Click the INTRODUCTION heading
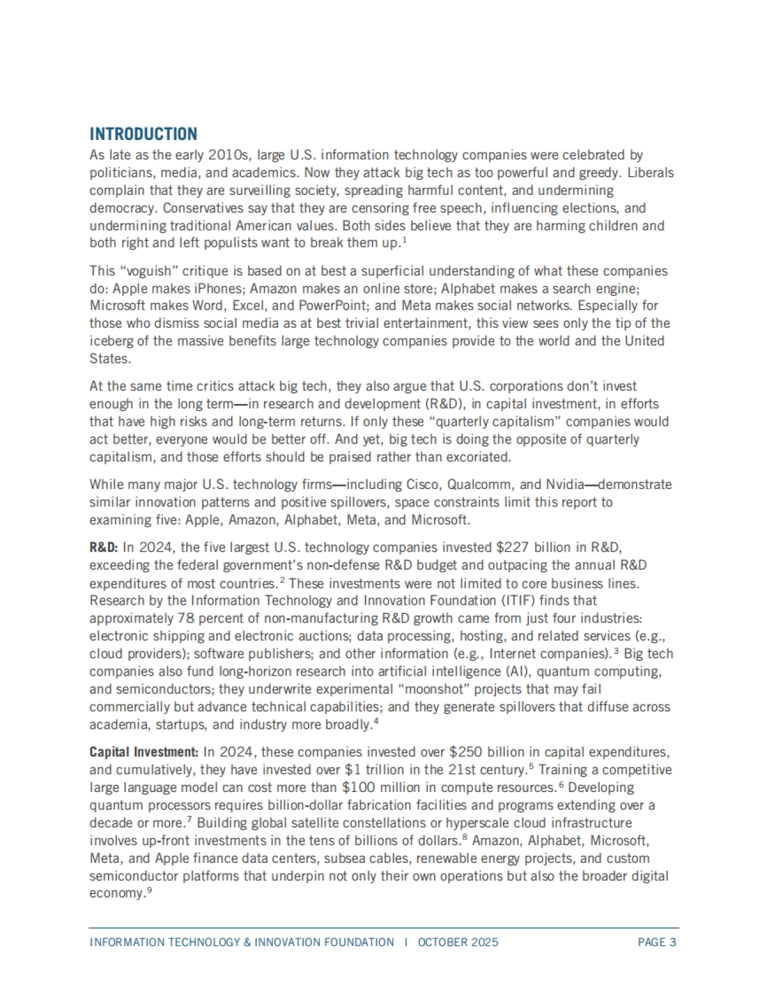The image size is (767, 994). (143, 134)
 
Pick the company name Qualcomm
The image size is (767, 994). (474, 485)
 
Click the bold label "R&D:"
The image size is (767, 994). (104, 548)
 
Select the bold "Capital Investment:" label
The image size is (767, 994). (144, 752)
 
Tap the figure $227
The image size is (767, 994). (512, 548)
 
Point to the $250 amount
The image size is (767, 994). (467, 752)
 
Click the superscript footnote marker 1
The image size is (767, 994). (405, 240)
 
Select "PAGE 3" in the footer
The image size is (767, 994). (656, 942)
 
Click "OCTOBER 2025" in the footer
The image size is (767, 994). (458, 942)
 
